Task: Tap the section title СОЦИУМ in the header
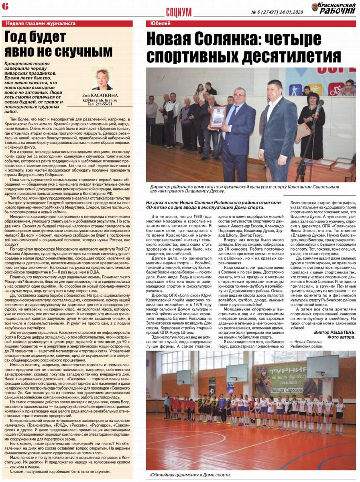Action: click(x=179, y=12)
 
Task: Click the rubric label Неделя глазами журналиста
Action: click(x=41, y=23)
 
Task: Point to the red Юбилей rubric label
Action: click(x=161, y=23)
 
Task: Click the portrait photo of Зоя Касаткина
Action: click(x=102, y=79)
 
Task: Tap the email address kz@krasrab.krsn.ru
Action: click(x=100, y=100)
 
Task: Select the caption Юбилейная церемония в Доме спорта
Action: click(x=191, y=475)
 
